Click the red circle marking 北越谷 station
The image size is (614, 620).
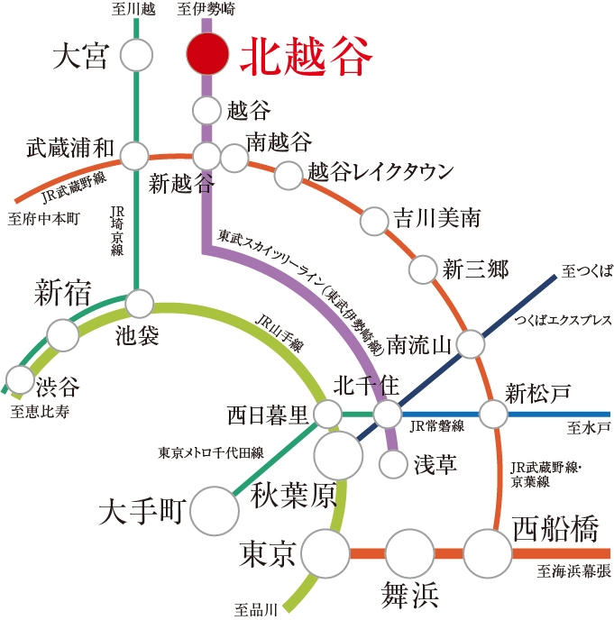point(207,54)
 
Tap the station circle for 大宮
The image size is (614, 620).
point(136,55)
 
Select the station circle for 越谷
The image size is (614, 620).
point(206,110)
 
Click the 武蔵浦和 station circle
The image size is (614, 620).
point(134,156)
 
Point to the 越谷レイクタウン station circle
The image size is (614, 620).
point(289,175)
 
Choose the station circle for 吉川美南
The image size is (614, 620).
point(374,221)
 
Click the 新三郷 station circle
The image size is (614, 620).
point(423,269)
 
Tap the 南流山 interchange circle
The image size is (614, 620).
point(471,344)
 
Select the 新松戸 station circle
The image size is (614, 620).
point(493,414)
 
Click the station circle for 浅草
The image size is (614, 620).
point(393,464)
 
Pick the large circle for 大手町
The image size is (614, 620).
point(215,511)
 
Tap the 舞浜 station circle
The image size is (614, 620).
point(410,553)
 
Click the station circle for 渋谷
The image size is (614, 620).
point(20,379)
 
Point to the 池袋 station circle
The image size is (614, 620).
point(139,304)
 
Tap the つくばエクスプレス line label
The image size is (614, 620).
point(563,320)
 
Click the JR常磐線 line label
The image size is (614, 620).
point(436,426)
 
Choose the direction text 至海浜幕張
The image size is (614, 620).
point(573,571)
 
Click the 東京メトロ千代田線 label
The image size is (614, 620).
point(211,452)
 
